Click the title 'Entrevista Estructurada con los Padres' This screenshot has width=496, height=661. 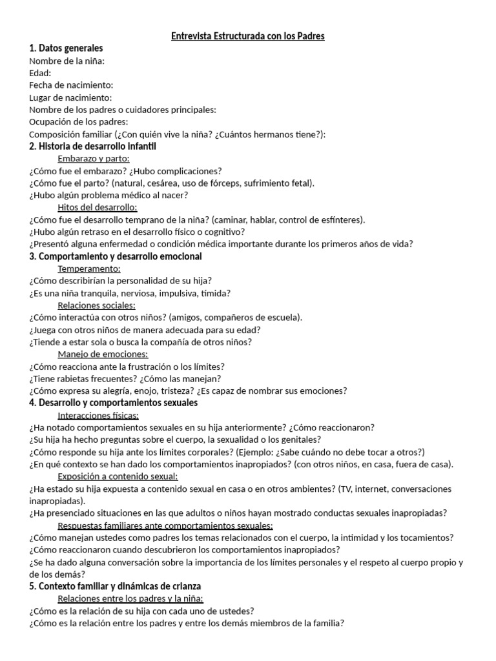pyautogui.click(x=248, y=36)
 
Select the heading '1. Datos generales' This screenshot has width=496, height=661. pyautogui.click(x=66, y=48)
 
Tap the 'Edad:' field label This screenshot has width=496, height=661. pyautogui.click(x=40, y=73)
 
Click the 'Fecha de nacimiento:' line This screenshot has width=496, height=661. pyautogui.click(x=71, y=85)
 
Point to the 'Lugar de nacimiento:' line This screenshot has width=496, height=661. pyautogui.click(x=70, y=97)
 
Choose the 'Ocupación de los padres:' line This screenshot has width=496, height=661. pyautogui.click(x=79, y=122)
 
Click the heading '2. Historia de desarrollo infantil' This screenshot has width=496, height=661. pyautogui.click(x=93, y=147)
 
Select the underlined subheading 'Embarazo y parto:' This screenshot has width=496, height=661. pyautogui.click(x=94, y=159)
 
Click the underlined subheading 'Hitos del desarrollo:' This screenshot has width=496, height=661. pyautogui.click(x=97, y=208)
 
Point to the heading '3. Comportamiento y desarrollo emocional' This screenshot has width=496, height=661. pyautogui.click(x=116, y=257)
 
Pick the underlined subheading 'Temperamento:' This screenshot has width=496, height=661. pyautogui.click(x=89, y=269)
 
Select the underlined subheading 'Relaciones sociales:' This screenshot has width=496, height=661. pyautogui.click(x=96, y=305)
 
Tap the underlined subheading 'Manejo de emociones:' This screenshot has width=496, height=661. pyautogui.click(x=103, y=354)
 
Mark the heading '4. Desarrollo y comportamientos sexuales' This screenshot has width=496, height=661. pyautogui.click(x=114, y=403)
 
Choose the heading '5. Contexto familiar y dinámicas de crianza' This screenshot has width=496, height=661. pyautogui.click(x=115, y=586)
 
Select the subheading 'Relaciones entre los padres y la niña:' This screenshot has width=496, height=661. pyautogui.click(x=130, y=598)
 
